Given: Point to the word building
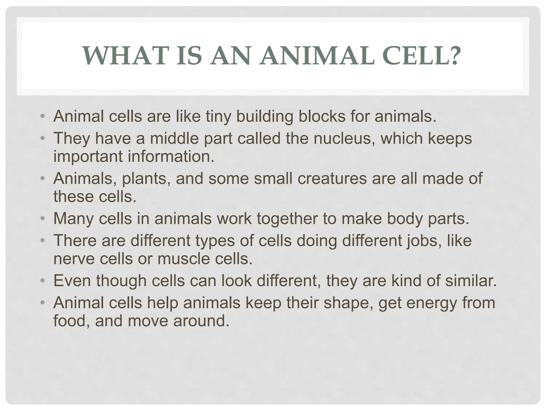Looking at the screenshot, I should (x=265, y=117).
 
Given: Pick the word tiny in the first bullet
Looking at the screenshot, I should (x=218, y=117).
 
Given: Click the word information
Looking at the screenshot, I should (x=171, y=156).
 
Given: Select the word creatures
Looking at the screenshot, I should (x=332, y=178).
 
